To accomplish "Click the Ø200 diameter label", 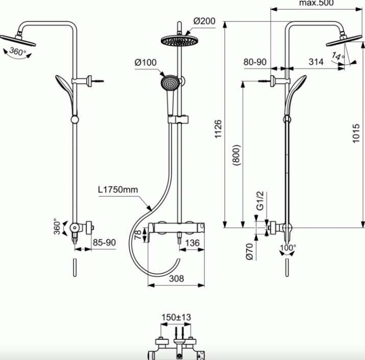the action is pos(204,21).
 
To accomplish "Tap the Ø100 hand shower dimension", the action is pos(145,62).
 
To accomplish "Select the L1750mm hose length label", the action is pos(118,189).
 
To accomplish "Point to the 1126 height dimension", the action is pos(218,129).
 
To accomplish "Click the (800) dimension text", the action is pos(236,155).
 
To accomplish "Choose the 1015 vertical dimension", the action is pos(356,133).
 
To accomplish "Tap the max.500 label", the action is pos(317,3).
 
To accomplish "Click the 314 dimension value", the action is pos(316,62).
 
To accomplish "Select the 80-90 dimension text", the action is pos(255,62).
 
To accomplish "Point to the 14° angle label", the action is pos(338,56).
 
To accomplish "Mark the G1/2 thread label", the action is pos(260,201).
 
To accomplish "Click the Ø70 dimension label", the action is pos(250,251).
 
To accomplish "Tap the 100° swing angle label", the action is pos(288,248).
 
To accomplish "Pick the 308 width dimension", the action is pos(177,278).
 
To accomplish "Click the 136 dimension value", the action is pos(192,243).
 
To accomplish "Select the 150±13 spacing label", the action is pos(176,317).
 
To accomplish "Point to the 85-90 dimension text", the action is pos(104,243).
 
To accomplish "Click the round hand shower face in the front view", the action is pos(169,83).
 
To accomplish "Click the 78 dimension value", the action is pos(138,235).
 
